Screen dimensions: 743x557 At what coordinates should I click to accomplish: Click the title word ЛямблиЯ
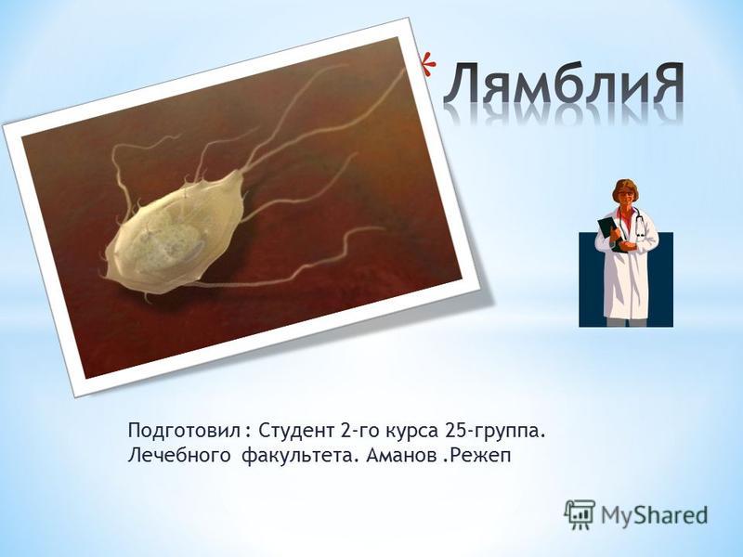(x=564, y=84)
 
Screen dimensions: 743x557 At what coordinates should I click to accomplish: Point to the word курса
(x=412, y=433)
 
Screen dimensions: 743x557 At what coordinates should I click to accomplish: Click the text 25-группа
(x=494, y=433)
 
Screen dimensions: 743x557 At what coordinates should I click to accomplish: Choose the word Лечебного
(x=180, y=457)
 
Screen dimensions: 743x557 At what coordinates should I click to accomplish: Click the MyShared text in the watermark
(x=654, y=515)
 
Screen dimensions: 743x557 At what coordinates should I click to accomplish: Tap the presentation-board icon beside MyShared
(x=579, y=514)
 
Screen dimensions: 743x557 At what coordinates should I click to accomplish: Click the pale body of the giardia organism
(x=172, y=236)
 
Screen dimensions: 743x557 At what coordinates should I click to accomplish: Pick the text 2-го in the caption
(x=358, y=432)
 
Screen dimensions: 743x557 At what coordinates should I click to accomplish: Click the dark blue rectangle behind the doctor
(x=663, y=284)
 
